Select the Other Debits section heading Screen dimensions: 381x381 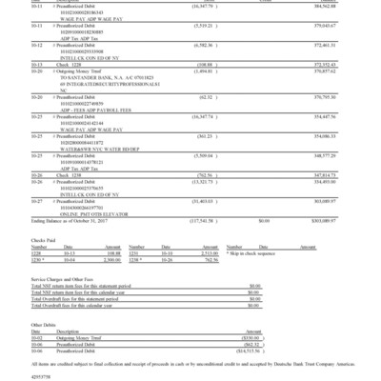click(x=43, y=321)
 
